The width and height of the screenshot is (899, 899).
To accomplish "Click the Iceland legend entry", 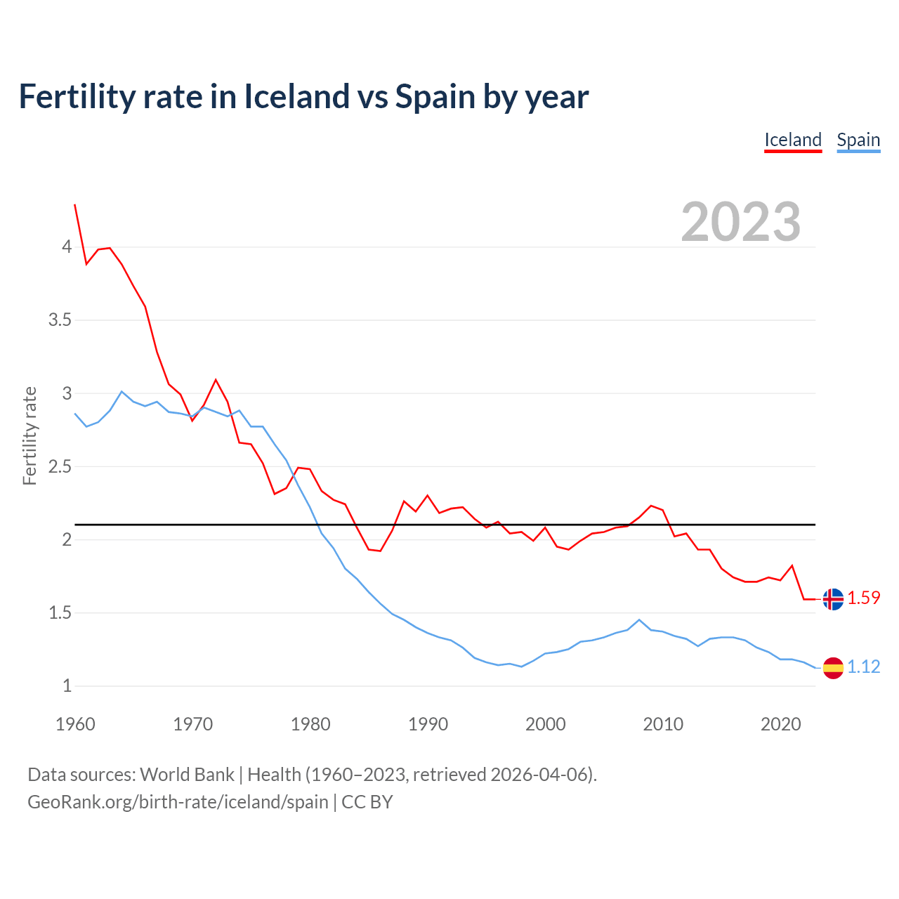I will (793, 140).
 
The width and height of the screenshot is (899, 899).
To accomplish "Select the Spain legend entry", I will (858, 140).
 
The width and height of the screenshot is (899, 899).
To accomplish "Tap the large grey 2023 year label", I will (741, 222).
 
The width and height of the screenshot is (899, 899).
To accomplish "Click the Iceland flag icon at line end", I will (833, 599).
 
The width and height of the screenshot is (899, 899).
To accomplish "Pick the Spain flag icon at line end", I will (833, 667).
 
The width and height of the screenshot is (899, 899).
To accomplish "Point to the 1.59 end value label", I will (864, 598).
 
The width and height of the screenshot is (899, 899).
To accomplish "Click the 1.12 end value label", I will (864, 667).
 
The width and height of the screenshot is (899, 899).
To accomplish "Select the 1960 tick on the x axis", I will (75, 724).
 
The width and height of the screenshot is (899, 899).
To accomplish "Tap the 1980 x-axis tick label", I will (310, 724).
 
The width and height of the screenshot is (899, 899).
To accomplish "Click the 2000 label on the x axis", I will (546, 724).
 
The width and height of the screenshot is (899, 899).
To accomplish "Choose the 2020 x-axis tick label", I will (780, 724).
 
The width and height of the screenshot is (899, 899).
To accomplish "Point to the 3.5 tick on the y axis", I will (60, 320).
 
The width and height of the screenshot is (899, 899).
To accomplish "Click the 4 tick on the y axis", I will (67, 247).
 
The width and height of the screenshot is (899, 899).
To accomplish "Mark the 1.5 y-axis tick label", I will (60, 613).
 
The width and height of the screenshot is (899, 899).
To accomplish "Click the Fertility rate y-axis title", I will (29, 435).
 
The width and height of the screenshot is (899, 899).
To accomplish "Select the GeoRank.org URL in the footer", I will (178, 802).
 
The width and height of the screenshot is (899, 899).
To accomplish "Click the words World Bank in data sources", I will (187, 775).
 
